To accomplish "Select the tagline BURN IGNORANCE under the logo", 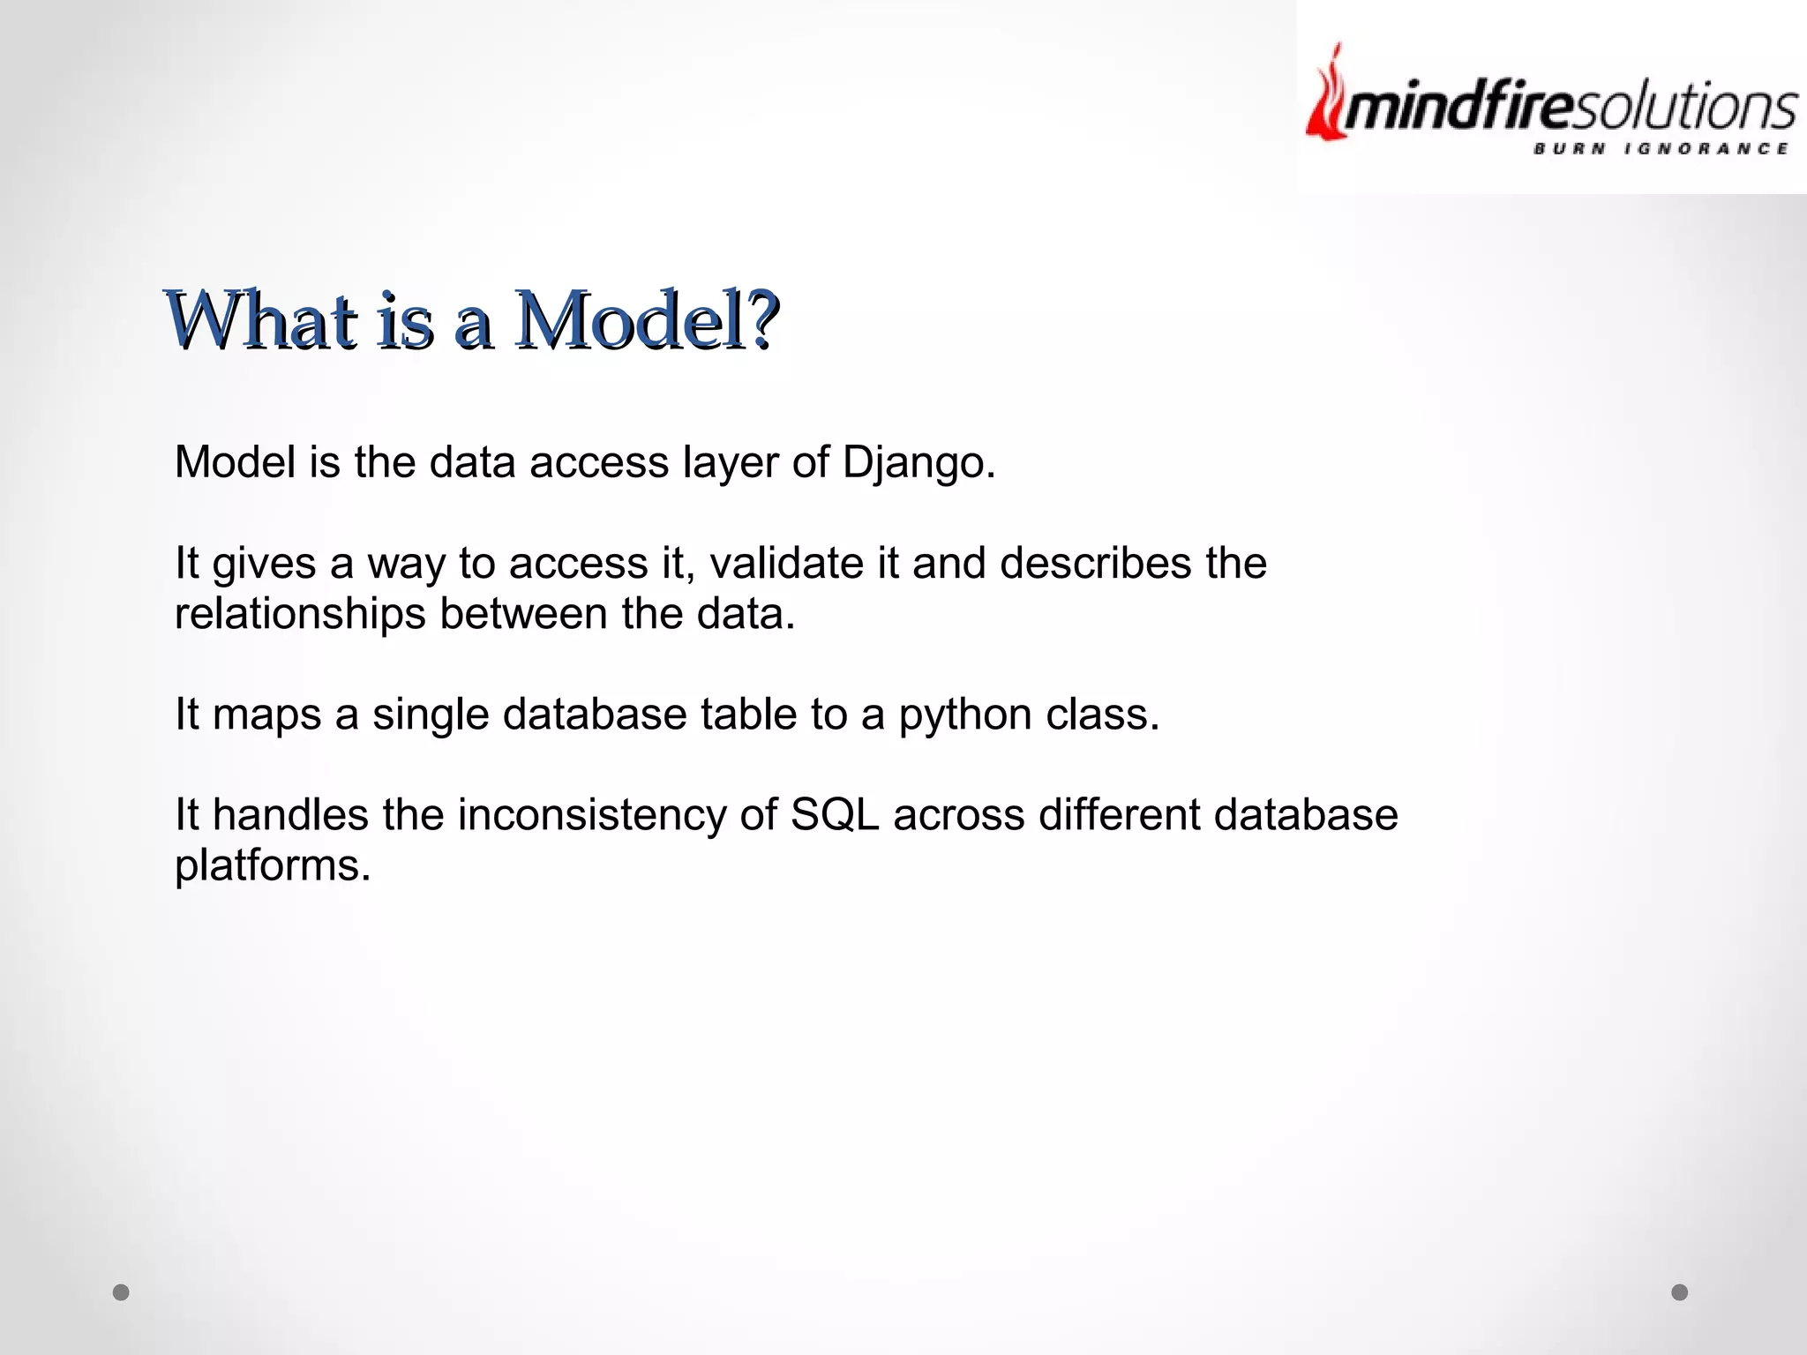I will click(x=1661, y=149).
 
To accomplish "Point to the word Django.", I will click(x=918, y=462).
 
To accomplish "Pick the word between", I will click(x=523, y=614).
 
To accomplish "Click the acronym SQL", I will click(x=835, y=815).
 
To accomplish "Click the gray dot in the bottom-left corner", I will click(x=122, y=1292).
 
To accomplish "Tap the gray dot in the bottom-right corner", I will click(x=1680, y=1292).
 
